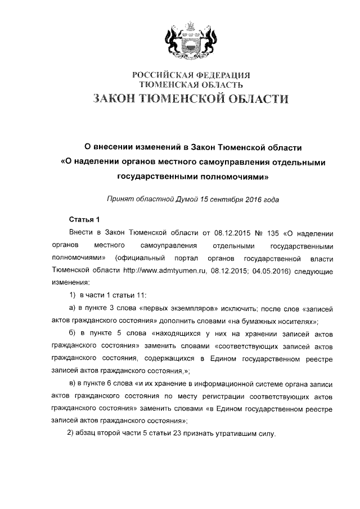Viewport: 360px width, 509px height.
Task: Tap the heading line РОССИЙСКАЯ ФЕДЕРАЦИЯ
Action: click(191, 75)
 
